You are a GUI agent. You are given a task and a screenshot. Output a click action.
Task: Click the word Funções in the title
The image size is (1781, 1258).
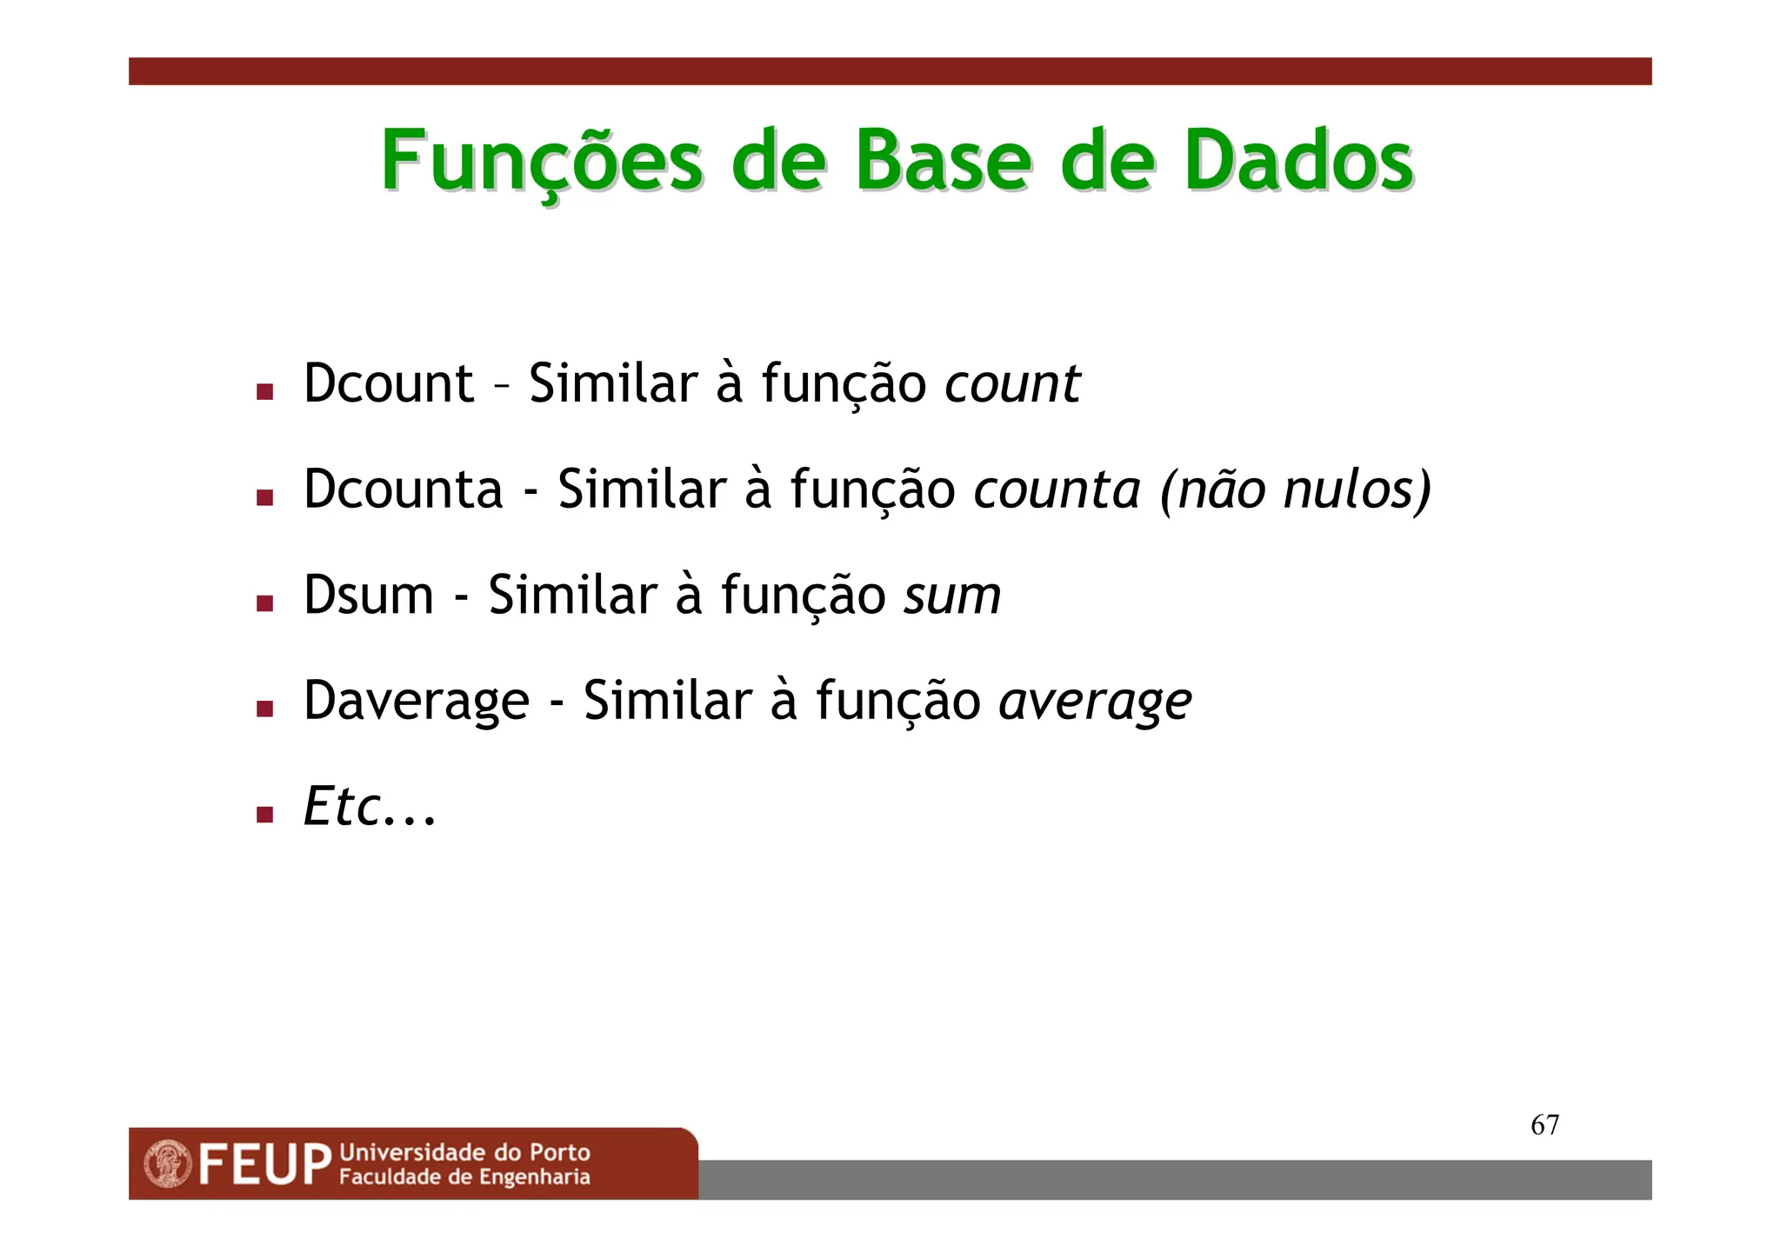point(541,163)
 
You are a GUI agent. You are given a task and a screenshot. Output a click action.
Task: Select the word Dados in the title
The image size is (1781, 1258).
point(1297,161)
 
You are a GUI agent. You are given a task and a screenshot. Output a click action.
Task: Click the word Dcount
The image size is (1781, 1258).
point(388,383)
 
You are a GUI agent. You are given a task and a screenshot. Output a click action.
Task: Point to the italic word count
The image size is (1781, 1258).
point(1012,383)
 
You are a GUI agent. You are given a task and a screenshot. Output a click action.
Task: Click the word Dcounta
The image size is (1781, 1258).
point(403,489)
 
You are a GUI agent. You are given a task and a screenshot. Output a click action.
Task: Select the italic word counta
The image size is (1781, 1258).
point(1057,489)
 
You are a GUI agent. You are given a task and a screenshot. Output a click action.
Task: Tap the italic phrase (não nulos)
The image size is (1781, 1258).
point(1296,489)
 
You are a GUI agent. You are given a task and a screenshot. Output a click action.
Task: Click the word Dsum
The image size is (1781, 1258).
point(368,596)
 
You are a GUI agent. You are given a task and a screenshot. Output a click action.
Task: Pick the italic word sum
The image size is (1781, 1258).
point(952,596)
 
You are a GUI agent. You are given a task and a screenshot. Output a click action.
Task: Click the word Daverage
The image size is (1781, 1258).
point(416,702)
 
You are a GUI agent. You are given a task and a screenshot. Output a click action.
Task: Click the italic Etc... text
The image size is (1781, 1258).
point(369,807)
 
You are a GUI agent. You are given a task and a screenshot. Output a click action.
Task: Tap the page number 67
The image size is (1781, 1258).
point(1544,1125)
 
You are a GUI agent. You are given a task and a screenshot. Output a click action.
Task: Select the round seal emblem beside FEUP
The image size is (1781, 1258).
point(168,1164)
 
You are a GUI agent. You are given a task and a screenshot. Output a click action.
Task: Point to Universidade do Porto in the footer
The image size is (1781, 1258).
point(464,1153)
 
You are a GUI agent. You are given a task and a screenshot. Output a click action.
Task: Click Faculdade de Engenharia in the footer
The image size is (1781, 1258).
point(464,1177)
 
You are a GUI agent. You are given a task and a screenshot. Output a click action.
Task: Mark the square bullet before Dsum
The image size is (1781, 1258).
point(265,602)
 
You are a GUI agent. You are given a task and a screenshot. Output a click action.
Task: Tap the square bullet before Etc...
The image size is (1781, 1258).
point(265,814)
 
